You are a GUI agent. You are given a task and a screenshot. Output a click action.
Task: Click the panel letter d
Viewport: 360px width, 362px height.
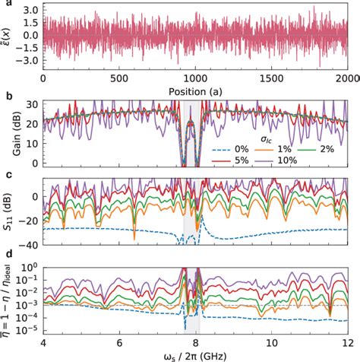(5, 260)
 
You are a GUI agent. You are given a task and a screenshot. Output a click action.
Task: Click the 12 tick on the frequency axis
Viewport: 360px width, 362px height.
(350, 343)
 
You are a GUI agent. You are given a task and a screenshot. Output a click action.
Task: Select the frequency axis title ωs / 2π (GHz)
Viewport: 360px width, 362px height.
(197, 355)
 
